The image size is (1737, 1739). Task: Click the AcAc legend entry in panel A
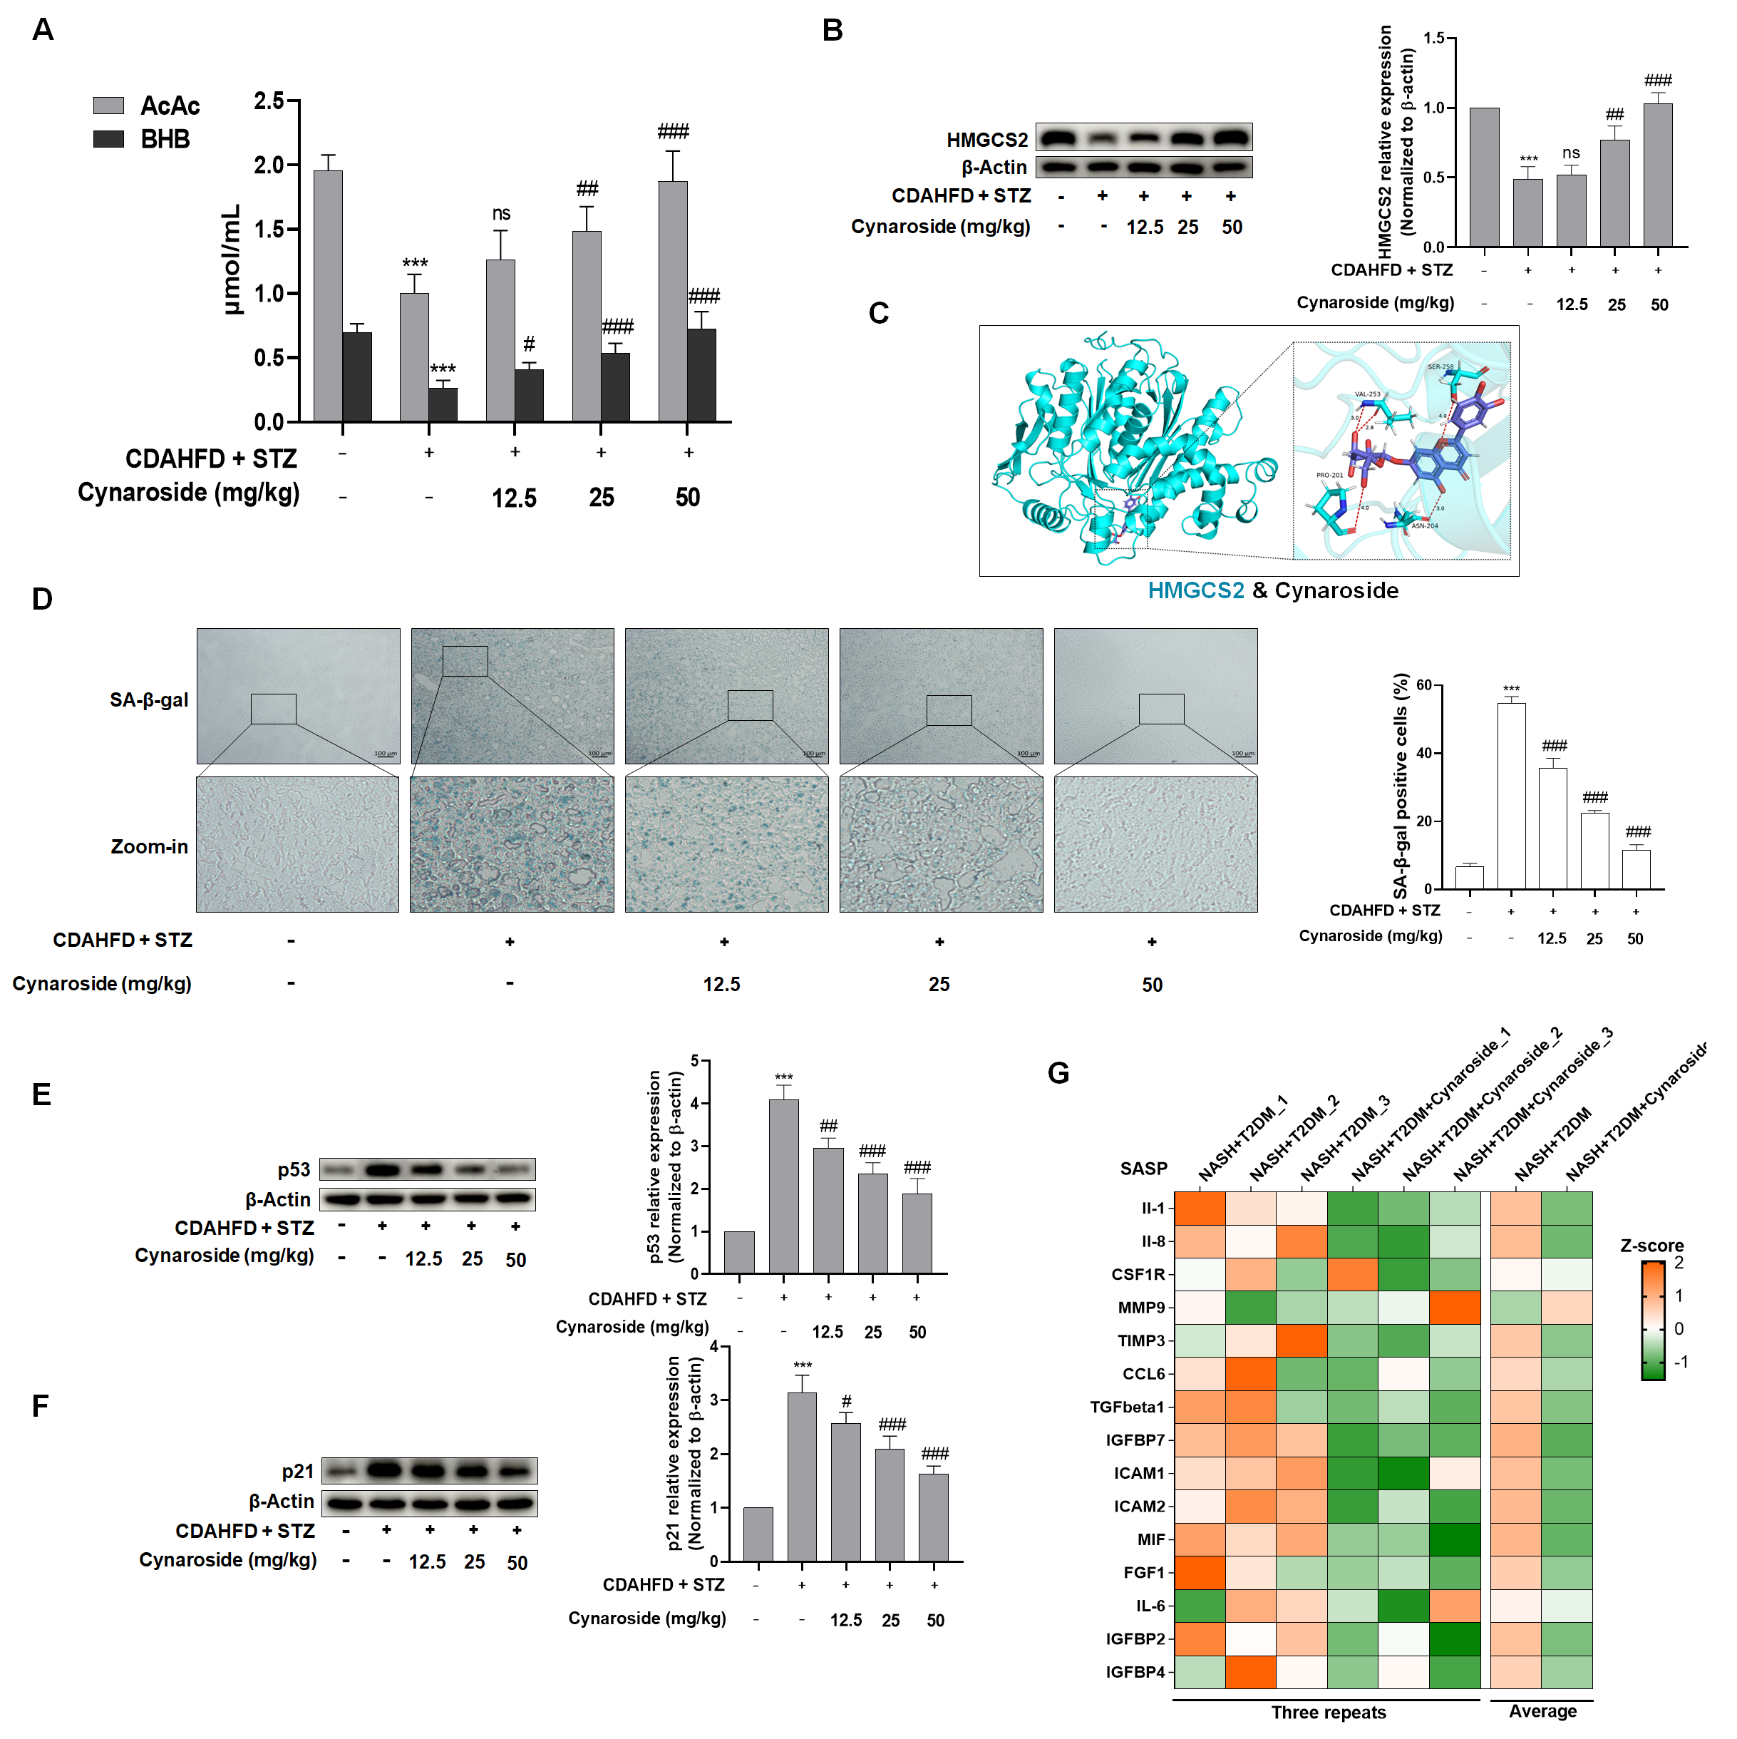[169, 106]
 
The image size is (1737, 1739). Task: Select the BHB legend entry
[165, 140]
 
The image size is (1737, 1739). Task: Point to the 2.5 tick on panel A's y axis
[268, 101]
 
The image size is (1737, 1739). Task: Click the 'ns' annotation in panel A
[501, 213]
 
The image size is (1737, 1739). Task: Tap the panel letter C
[878, 313]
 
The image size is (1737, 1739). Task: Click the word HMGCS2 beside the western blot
[986, 140]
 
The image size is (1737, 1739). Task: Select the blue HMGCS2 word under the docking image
[1195, 590]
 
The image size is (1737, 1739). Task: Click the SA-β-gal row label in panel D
[148, 699]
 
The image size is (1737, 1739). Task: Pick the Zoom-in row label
[150, 846]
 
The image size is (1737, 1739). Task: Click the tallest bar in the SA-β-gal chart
[1511, 796]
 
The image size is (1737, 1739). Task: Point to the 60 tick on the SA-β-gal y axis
[1424, 685]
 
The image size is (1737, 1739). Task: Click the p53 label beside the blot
[294, 1169]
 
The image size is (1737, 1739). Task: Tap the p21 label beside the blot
[298, 1471]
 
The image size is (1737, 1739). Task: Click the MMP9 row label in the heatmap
[1141, 1307]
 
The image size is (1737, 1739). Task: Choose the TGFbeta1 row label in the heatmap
[1127, 1406]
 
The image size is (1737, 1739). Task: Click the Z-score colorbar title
[1651, 1245]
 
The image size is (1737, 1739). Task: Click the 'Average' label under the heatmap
[1542, 1711]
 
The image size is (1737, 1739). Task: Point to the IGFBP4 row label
[1135, 1671]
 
